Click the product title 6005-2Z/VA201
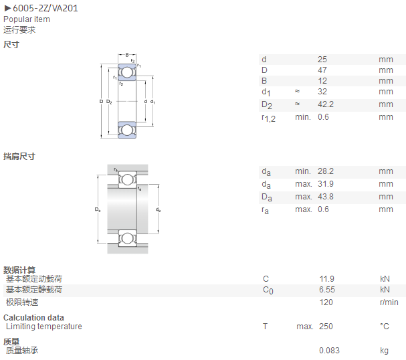(x=45, y=8)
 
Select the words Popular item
(x=27, y=19)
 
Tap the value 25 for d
(x=322, y=60)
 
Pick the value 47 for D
(x=322, y=70)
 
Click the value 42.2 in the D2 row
(x=326, y=104)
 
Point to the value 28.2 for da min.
(x=326, y=171)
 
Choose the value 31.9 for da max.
(x=326, y=184)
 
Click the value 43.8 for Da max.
(x=326, y=197)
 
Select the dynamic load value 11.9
(x=327, y=279)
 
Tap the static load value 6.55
(x=327, y=290)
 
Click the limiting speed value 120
(x=326, y=302)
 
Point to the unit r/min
(x=389, y=302)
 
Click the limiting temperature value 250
(x=326, y=327)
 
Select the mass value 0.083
(x=329, y=351)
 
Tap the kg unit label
(x=384, y=351)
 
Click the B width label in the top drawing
(x=127, y=55)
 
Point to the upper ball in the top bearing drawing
(x=127, y=72)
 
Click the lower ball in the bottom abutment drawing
(x=127, y=238)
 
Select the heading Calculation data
(x=33, y=318)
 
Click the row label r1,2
(x=268, y=118)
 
